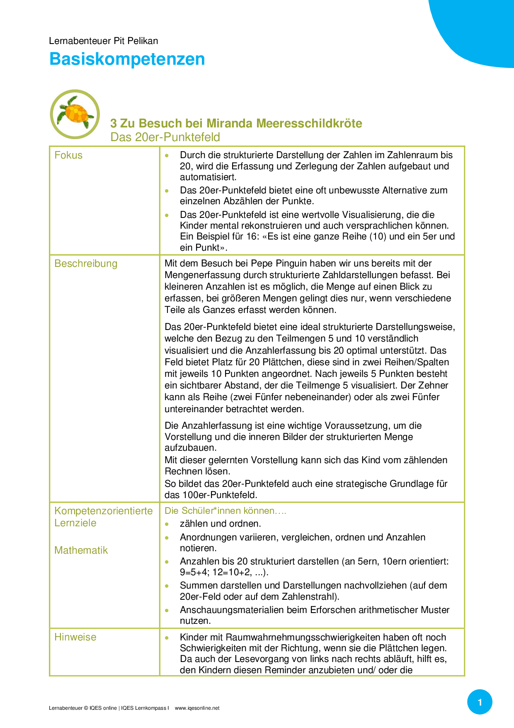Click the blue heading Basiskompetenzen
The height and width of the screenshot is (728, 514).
point(127,59)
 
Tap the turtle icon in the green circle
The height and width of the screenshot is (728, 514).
point(75,114)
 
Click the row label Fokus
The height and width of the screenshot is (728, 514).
point(68,155)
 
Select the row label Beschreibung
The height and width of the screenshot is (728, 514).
point(86,264)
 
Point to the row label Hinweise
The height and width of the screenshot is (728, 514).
point(75,637)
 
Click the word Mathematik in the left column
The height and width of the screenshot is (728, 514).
point(81,550)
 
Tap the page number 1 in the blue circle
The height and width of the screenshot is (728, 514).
point(480,702)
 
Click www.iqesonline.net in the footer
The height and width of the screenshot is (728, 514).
point(197,708)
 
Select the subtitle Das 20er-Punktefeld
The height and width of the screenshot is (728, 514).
point(165,137)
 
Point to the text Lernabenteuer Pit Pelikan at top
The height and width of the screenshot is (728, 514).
point(103,41)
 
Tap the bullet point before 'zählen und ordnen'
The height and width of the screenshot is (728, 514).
point(167,524)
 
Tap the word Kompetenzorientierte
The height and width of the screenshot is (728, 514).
point(104,511)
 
